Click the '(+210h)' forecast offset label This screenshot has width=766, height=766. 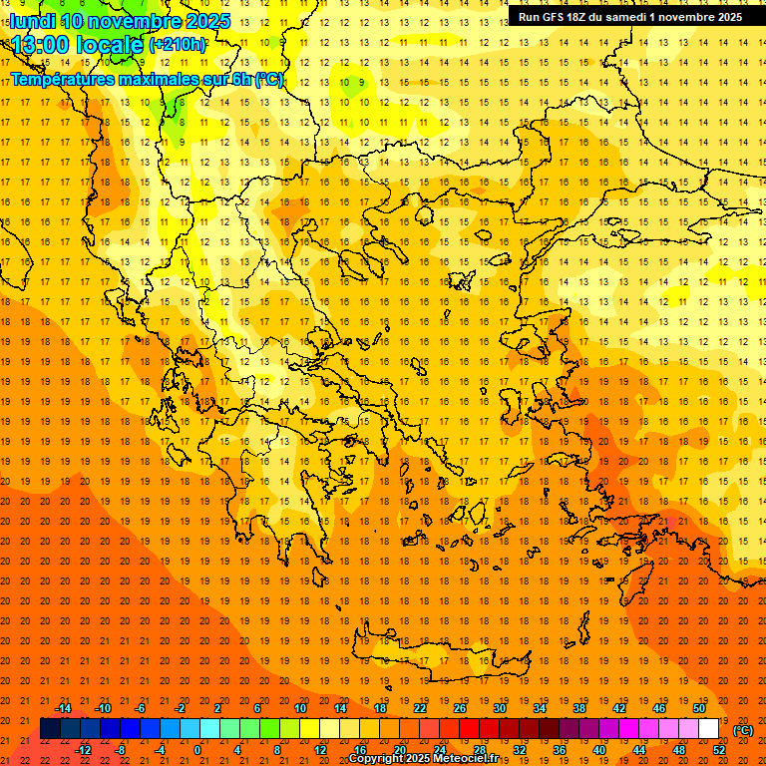(x=178, y=45)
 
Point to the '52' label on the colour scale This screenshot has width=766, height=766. (x=719, y=749)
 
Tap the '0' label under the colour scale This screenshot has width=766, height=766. (x=197, y=749)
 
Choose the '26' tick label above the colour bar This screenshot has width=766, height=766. (x=460, y=708)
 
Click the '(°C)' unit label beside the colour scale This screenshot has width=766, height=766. (x=743, y=730)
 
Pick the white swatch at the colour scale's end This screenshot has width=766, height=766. (x=708, y=729)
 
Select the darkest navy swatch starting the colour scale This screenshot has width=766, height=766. (x=50, y=729)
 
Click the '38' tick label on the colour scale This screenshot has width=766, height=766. (x=579, y=708)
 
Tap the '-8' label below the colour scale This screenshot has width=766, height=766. (x=121, y=749)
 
